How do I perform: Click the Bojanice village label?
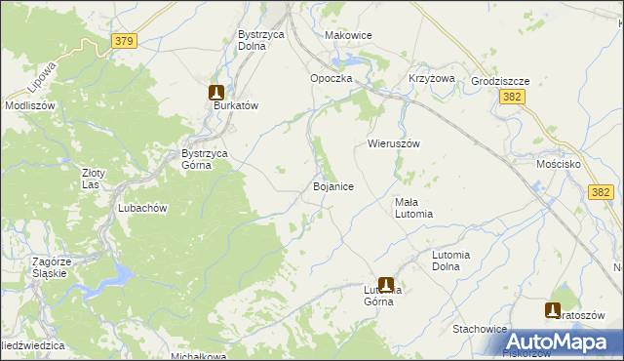click(x=332, y=185)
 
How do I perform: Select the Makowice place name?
click(x=348, y=35)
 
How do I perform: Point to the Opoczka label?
click(x=331, y=78)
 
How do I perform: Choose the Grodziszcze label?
click(x=499, y=82)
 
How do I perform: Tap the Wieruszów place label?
click(x=393, y=143)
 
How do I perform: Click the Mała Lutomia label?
click(x=413, y=208)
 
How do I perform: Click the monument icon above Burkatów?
click(x=216, y=92)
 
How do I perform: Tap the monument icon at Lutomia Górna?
click(x=386, y=284)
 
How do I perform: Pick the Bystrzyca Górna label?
click(x=205, y=159)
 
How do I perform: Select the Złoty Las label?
click(x=93, y=179)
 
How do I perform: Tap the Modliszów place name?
click(x=28, y=104)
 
